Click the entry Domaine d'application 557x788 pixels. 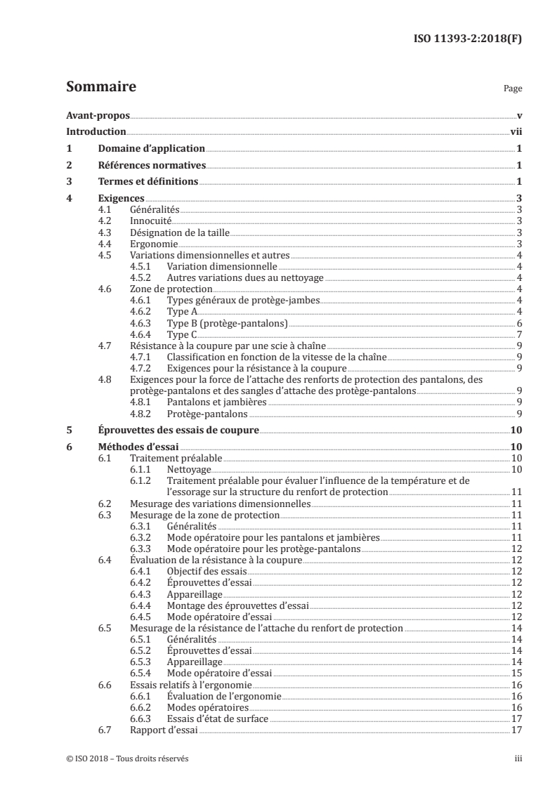tap(151, 149)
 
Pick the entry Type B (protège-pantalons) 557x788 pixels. tap(228, 322)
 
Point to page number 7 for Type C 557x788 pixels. tap(518, 334)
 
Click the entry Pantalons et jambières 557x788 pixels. tap(216, 402)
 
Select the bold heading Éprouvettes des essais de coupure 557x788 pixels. tap(178, 431)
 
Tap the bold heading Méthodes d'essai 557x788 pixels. tap(139, 447)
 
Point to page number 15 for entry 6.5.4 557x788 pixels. tap(516, 673)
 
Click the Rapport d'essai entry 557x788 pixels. tap(164, 730)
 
